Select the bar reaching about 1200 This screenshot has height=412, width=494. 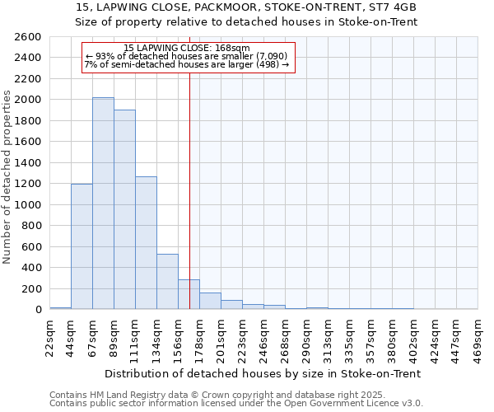point(82,246)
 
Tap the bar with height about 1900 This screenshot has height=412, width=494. point(124,209)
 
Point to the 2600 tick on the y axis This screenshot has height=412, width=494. point(28,37)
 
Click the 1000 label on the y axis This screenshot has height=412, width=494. point(28,205)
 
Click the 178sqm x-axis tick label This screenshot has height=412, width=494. point(199,336)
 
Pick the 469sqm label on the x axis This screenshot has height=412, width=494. point(478,336)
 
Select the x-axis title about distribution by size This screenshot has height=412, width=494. point(263,373)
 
